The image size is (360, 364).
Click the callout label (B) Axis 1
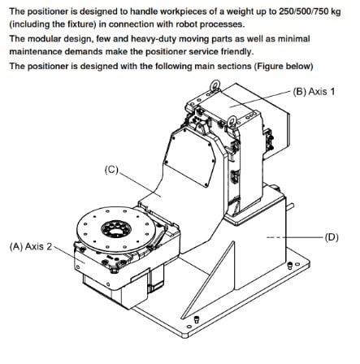(314, 91)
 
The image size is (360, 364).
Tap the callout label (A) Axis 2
(31, 246)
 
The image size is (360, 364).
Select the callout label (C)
(111, 170)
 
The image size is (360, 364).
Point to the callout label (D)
(332, 237)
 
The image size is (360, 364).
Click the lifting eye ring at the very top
(215, 85)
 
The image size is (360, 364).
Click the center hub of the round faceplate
(116, 229)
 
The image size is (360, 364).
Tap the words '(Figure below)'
(284, 66)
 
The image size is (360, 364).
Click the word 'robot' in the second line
(187, 24)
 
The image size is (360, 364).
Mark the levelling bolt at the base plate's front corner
(197, 319)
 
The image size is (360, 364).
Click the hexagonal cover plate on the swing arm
(190, 157)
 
